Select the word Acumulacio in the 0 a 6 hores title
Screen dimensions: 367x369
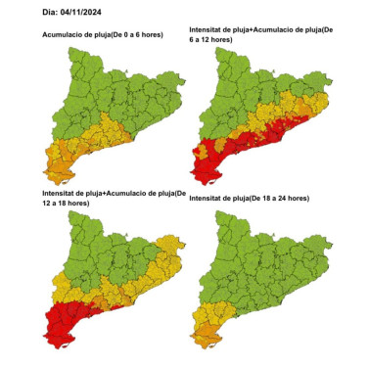click(x=68, y=35)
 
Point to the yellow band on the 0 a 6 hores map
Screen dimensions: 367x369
click(x=98, y=137)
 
